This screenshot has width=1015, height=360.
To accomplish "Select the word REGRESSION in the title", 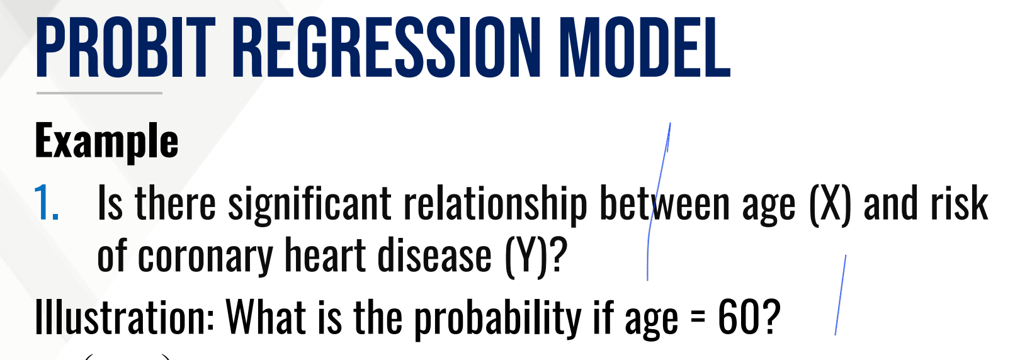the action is (387, 47).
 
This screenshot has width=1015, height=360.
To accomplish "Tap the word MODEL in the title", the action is (645, 47).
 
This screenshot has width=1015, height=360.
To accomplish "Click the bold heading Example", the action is (106, 141).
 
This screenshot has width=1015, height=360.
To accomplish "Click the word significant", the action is (310, 205).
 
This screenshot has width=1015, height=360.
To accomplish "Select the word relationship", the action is (496, 205).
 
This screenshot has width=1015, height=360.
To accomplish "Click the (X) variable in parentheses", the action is (830, 205).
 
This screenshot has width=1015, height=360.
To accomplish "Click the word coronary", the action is (205, 256).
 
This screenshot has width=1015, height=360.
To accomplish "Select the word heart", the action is (325, 254).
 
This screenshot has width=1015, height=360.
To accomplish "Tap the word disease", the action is (434, 254).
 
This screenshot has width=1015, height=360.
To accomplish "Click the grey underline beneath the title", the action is (99, 93).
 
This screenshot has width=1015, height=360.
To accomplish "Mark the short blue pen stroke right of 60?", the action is (841, 295).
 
